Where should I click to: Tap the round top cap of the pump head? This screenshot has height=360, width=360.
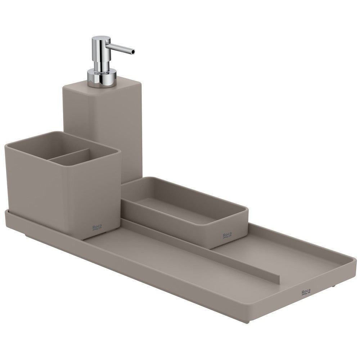pos(101,39)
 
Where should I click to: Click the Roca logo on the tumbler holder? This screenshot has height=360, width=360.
pos(97,227)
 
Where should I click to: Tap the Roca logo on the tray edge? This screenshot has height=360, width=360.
pos(306,292)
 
